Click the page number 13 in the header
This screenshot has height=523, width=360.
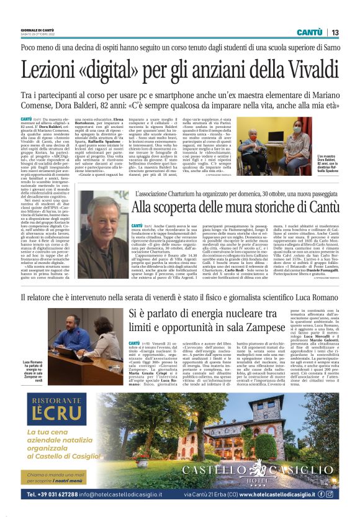pyautogui.click(x=335, y=32)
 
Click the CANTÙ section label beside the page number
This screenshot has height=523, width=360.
pyautogui.click(x=309, y=32)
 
